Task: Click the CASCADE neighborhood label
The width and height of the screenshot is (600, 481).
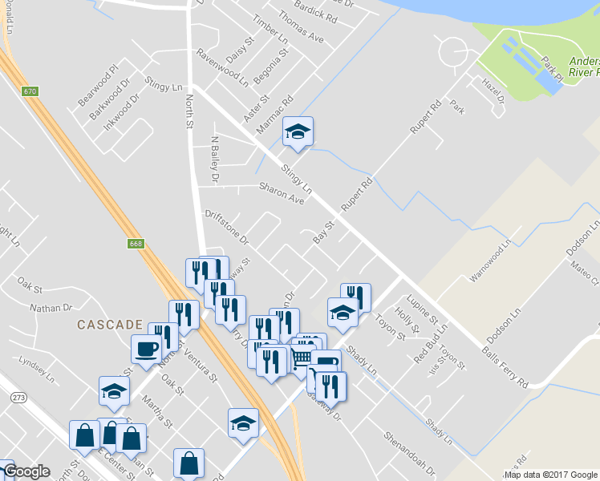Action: (110, 325)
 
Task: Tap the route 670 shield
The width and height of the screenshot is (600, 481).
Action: (30, 92)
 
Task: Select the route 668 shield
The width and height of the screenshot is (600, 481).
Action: (136, 242)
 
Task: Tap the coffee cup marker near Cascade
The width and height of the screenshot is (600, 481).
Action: (146, 350)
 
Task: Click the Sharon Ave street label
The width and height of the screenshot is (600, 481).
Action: (282, 192)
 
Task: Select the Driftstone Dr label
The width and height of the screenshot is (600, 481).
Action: (227, 227)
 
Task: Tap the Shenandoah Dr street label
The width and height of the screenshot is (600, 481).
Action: (408, 455)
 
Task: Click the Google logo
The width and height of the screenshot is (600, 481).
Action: (26, 471)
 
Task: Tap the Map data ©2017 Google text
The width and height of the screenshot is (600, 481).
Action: (550, 474)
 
